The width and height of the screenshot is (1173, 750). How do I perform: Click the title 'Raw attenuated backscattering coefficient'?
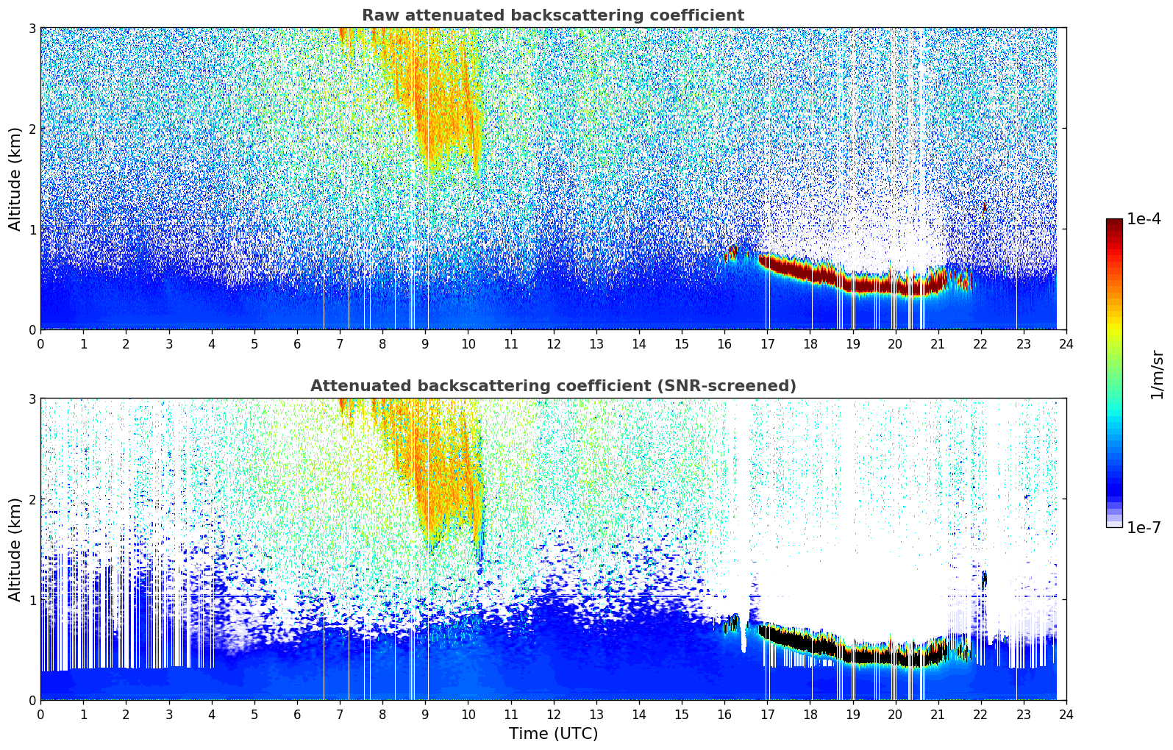[x=552, y=15]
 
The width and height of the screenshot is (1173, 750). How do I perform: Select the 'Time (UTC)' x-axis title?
[x=553, y=734]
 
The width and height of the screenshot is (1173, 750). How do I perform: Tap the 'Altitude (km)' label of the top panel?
[x=15, y=179]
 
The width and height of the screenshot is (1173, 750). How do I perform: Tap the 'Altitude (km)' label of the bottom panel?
[x=15, y=549]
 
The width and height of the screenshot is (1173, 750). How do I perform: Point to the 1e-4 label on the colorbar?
[x=1144, y=219]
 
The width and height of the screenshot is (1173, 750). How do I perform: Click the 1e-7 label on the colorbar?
[x=1144, y=527]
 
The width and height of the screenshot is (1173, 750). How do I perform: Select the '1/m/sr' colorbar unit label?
[x=1158, y=374]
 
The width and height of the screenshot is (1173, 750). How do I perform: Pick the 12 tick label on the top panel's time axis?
[x=553, y=344]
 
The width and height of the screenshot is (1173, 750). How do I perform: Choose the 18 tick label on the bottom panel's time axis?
[x=810, y=715]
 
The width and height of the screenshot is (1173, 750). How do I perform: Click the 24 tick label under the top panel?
[x=1066, y=344]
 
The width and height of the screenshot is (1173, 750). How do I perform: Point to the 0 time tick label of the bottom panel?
[x=40, y=715]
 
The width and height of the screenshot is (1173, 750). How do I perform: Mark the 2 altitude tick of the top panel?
[x=32, y=129]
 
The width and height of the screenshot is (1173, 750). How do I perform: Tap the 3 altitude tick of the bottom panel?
[x=32, y=399]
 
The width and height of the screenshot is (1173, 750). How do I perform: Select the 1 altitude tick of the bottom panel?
[x=32, y=600]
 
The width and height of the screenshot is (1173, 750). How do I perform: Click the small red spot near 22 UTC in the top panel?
[x=984, y=208]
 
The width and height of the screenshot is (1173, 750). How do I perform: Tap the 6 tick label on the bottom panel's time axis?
[x=297, y=715]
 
